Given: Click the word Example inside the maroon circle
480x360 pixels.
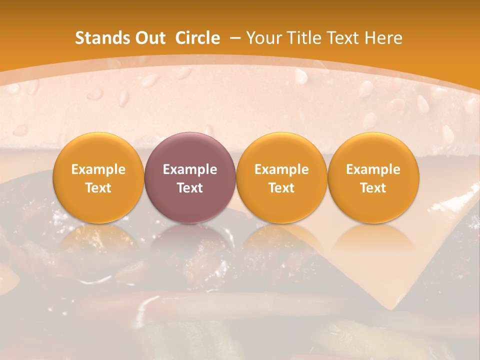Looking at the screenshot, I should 190,169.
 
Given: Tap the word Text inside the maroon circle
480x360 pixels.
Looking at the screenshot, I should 190,188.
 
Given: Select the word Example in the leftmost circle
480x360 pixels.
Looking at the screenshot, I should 98,169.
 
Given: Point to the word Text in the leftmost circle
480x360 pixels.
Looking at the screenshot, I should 98,188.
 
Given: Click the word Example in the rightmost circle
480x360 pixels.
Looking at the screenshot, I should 373,169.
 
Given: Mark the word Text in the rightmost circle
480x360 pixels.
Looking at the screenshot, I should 373,188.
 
